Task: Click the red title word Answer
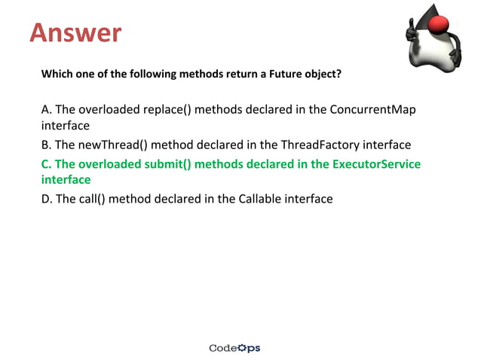pos(75,32)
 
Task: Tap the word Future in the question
pos(278,75)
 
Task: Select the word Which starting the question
pos(57,75)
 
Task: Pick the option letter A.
pos(46,109)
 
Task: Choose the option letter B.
pos(46,145)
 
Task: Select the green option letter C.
pos(46,163)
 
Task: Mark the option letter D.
pos(46,199)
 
